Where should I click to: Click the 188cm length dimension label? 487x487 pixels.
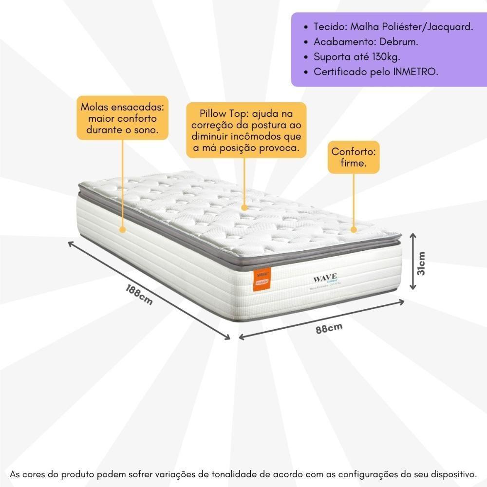click(x=138, y=294)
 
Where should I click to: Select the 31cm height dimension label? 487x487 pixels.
click(x=422, y=263)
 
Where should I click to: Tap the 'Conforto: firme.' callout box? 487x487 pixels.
click(x=353, y=157)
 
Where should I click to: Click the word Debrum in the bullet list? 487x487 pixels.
click(x=397, y=42)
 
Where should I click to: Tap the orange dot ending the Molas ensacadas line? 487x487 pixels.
click(x=122, y=228)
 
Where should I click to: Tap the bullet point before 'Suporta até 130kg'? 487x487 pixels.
click(x=305, y=57)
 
